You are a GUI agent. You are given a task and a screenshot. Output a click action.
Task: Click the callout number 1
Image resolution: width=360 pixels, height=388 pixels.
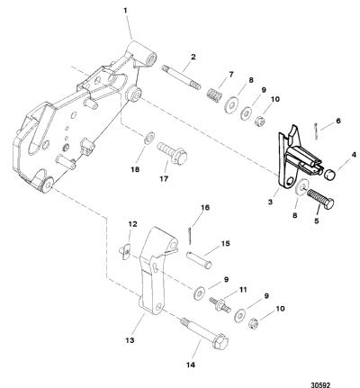[125, 11]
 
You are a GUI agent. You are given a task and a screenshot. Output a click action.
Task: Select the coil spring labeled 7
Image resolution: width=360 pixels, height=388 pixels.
[215, 94]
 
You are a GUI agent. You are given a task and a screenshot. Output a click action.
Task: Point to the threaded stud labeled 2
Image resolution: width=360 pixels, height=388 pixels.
[181, 77]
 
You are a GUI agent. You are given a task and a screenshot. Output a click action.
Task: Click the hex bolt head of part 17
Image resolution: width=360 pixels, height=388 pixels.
[179, 157]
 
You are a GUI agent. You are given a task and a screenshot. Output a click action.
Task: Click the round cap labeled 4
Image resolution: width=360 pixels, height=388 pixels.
[329, 174]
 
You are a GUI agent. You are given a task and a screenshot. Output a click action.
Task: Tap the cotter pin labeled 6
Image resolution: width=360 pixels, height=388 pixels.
[317, 131]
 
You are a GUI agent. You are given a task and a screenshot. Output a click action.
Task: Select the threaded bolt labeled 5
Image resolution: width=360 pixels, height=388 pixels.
[320, 199]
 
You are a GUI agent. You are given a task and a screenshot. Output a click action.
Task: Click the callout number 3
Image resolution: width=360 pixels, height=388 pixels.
[270, 202]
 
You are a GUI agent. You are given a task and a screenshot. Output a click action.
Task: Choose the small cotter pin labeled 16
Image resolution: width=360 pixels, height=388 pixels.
[191, 235]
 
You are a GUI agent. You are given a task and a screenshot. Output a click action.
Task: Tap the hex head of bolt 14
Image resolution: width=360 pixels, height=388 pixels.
[220, 340]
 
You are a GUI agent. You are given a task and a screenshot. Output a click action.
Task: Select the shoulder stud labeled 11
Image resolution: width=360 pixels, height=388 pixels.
[220, 304]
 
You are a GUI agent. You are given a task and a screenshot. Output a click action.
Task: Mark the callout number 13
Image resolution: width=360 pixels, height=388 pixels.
[130, 340]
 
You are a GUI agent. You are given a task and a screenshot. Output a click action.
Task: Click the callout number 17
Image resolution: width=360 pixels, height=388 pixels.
[164, 179]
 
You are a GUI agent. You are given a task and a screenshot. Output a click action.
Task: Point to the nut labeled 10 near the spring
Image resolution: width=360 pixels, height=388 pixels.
[259, 122]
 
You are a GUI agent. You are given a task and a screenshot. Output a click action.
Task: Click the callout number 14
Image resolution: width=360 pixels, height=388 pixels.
[191, 365]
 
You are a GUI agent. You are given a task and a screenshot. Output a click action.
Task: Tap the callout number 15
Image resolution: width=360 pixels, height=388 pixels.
[225, 243]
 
